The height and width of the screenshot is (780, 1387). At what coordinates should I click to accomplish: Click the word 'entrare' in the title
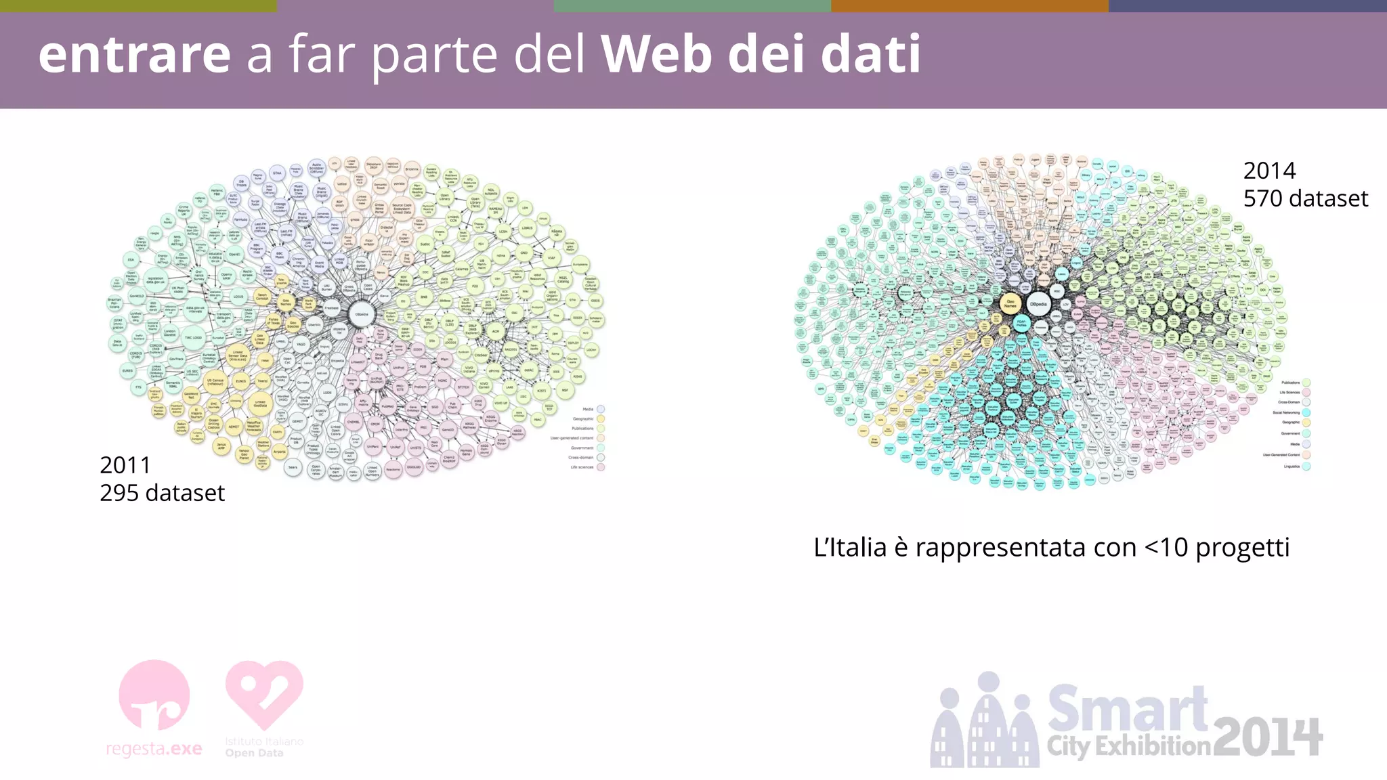tap(134, 54)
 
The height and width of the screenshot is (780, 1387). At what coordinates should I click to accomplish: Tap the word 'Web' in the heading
tap(656, 54)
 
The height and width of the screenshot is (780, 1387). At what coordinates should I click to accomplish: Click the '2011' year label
tap(125, 465)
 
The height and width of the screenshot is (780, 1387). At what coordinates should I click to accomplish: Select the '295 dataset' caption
tap(162, 493)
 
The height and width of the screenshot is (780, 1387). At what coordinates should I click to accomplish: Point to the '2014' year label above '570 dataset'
tap(1269, 171)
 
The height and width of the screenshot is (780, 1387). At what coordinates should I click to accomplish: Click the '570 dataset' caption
tap(1305, 198)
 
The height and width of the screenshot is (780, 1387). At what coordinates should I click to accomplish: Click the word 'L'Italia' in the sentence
tap(850, 547)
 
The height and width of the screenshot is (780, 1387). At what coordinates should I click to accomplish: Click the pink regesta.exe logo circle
tap(154, 695)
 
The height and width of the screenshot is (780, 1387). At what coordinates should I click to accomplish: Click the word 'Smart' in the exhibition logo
tap(1128, 708)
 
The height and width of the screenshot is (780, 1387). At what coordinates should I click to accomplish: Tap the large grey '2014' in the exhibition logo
tap(1267, 738)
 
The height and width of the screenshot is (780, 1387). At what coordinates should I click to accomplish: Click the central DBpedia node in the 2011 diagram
tap(362, 314)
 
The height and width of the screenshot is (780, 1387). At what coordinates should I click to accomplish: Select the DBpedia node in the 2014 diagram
tap(1038, 304)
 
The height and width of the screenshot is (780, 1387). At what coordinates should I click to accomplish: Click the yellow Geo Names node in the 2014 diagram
tap(1010, 304)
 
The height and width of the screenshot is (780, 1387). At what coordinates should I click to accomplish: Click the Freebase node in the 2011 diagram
tap(331, 308)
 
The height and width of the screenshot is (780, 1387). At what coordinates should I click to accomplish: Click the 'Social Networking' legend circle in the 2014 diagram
tap(1306, 412)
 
